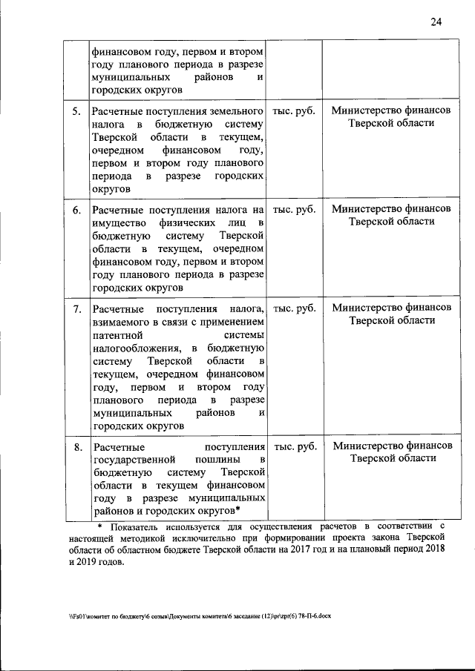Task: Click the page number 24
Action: coord(436,22)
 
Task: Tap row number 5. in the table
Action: coord(76,111)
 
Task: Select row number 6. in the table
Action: coord(76,210)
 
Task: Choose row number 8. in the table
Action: coord(76,447)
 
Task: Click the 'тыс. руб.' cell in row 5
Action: coord(294,111)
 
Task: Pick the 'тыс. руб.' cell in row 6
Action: coord(294,210)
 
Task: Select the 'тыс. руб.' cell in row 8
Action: coord(294,447)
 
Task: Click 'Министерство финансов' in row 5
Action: coord(392,110)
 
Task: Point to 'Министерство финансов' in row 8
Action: coord(392,446)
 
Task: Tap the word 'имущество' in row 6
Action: coord(117,223)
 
